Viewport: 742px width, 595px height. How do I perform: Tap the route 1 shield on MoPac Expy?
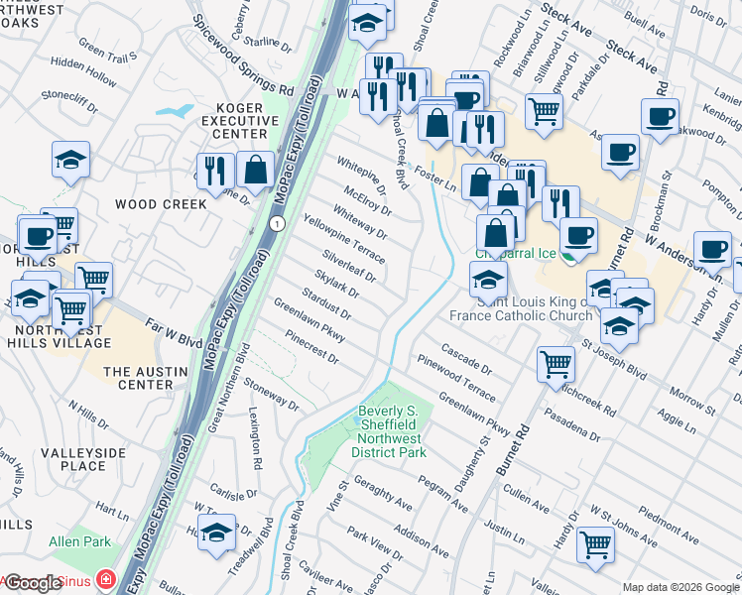pyautogui.click(x=280, y=224)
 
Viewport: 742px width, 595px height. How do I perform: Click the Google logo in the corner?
pyautogui.click(x=33, y=583)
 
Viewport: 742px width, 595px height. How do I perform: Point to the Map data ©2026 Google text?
pyautogui.click(x=680, y=587)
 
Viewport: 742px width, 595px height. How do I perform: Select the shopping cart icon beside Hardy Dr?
pyautogui.click(x=595, y=542)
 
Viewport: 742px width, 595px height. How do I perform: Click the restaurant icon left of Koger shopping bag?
pyautogui.click(x=214, y=170)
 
